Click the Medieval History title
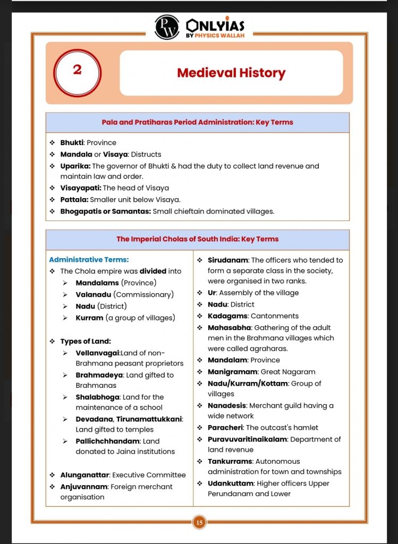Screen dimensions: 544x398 231,73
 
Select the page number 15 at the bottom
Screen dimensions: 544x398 199,523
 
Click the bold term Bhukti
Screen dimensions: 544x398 72,143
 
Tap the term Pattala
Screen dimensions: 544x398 74,200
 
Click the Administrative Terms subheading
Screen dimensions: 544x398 89,260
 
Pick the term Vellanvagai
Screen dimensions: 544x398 98,353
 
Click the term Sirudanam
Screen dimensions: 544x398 227,260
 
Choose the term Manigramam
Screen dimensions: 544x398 233,372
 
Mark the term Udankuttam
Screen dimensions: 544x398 231,483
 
